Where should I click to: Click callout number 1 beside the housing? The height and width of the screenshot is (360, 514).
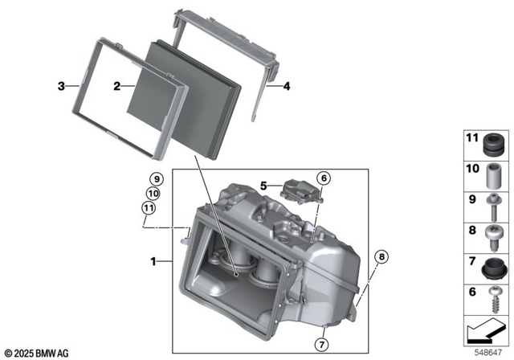(x=155, y=261)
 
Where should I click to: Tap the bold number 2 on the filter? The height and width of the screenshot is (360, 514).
(x=117, y=85)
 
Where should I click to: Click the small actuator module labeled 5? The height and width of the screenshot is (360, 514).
(x=302, y=192)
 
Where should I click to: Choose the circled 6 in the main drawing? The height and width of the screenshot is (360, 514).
(x=323, y=178)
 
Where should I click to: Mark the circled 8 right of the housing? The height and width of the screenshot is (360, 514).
(x=381, y=257)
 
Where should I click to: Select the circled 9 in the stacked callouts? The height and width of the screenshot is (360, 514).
(x=154, y=179)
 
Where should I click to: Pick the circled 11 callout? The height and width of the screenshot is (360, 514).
(x=148, y=210)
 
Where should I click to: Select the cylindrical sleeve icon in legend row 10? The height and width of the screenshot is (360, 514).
(x=494, y=174)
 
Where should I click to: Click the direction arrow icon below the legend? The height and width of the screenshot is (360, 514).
(x=486, y=330)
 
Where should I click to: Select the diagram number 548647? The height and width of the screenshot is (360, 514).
(x=489, y=351)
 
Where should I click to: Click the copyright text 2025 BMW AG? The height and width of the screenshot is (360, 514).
(x=37, y=352)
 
